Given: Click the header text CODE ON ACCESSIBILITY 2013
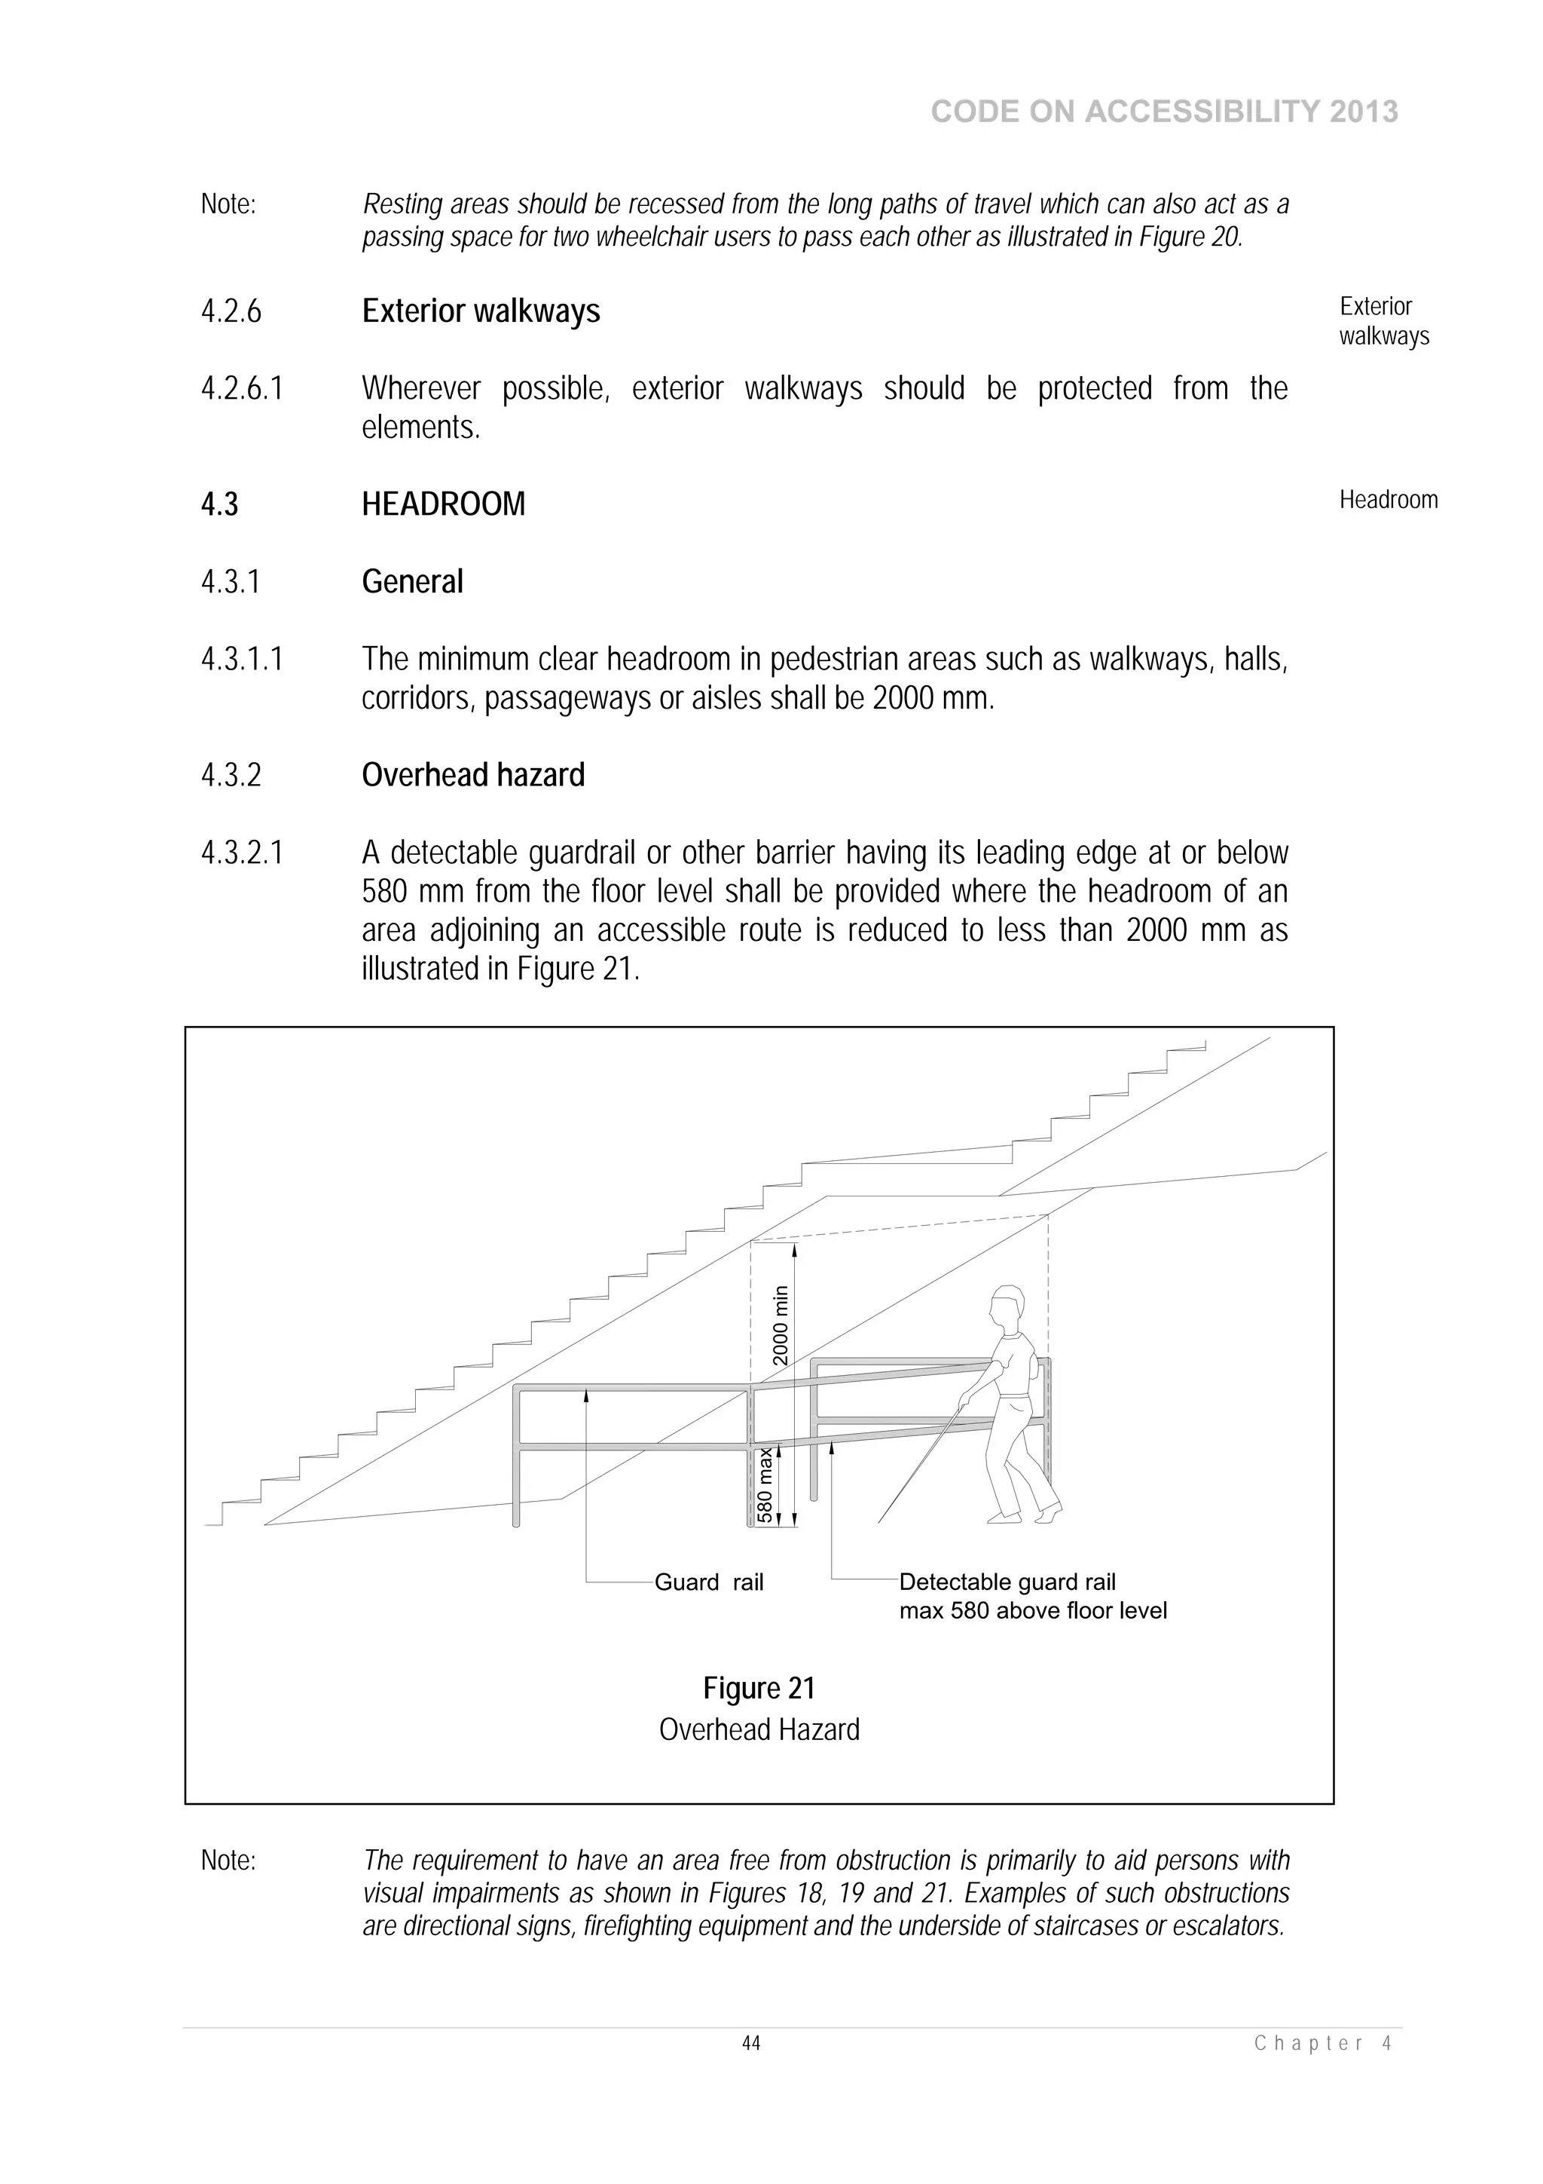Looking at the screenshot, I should point(1164,112).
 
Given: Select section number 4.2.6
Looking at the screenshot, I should point(231,312).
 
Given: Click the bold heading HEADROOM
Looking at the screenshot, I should point(443,504).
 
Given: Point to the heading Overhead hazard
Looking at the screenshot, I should point(472,775).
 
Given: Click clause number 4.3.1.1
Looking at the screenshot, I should point(242,659).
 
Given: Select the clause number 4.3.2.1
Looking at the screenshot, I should point(242,853).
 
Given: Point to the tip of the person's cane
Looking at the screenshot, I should point(879,1521).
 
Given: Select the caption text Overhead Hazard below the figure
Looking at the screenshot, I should point(759,1729).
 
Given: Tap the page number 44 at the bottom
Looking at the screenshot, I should point(751,2042).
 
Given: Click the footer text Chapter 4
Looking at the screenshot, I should point(1322,2042).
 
